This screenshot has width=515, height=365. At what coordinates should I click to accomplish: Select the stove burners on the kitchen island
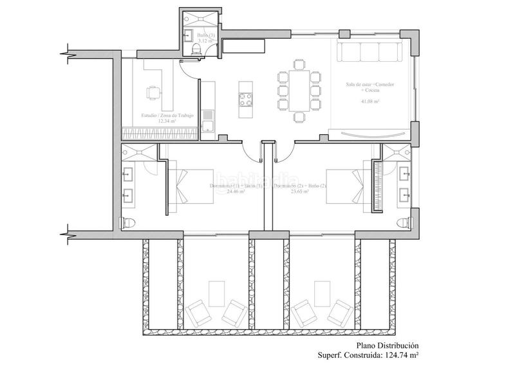[245, 100]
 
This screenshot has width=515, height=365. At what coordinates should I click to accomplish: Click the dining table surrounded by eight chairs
[298, 90]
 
